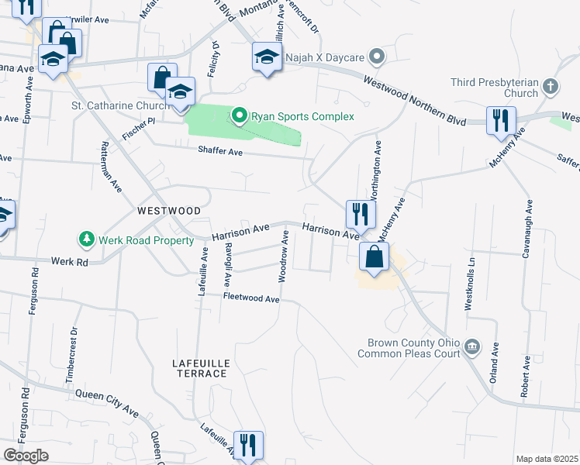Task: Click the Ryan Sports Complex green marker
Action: click(240, 117)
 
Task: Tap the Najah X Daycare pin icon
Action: click(377, 57)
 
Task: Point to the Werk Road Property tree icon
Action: click(88, 239)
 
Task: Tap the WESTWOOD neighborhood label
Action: click(169, 211)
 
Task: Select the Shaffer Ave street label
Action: click(220, 153)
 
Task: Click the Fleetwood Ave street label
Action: click(250, 298)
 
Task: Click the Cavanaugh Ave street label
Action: click(529, 223)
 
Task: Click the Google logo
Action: click(26, 456)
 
